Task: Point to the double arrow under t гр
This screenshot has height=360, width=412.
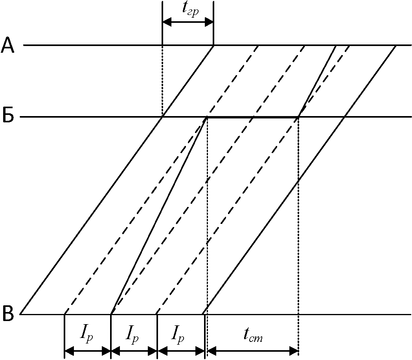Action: pyautogui.click(x=188, y=22)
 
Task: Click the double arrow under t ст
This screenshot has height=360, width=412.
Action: pyautogui.click(x=253, y=350)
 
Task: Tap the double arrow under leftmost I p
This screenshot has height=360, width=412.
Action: pyautogui.click(x=88, y=350)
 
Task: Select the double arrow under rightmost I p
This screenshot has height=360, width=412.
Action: pyautogui.click(x=181, y=350)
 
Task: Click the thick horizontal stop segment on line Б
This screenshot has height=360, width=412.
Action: pyautogui.click(x=253, y=117)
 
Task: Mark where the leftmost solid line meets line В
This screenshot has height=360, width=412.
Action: pyautogui.click(x=20, y=314)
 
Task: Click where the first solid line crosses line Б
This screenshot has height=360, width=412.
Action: pyautogui.click(x=162, y=117)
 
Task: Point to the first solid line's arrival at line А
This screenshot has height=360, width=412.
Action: pyautogui.click(x=213, y=45)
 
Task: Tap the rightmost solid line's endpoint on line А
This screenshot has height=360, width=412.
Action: pyautogui.click(x=395, y=46)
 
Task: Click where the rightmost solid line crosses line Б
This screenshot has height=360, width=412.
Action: pyautogui.click(x=345, y=117)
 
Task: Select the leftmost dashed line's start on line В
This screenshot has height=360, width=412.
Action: pyautogui.click(x=64, y=314)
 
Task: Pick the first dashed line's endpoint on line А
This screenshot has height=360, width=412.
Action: pyautogui.click(x=258, y=46)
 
